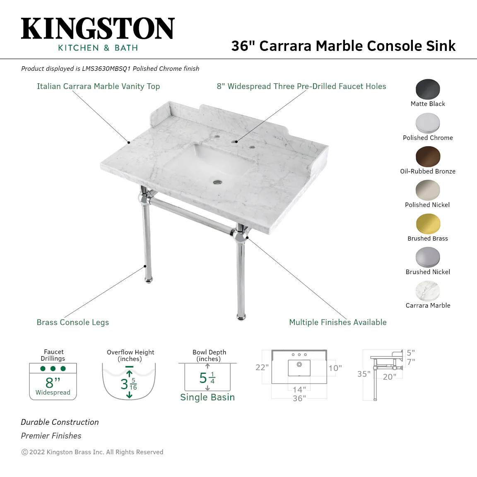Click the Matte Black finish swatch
point(428,89)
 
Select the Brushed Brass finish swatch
point(428,224)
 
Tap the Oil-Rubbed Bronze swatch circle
point(428,157)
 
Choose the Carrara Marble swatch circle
point(428,291)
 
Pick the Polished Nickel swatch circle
point(428,190)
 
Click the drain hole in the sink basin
point(217,183)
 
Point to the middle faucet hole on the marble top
point(235,142)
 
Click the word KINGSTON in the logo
point(98,28)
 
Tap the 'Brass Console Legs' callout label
point(73,323)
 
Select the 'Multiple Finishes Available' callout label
point(338,323)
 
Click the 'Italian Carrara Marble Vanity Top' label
point(98,87)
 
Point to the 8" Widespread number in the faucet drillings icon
point(53,383)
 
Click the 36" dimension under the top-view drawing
point(299,398)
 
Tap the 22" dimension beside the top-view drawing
point(262,368)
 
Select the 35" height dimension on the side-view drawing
point(364,374)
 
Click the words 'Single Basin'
point(207,397)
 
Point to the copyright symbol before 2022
point(25,452)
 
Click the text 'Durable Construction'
point(60,422)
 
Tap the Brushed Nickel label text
point(428,272)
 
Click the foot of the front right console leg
point(241,317)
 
